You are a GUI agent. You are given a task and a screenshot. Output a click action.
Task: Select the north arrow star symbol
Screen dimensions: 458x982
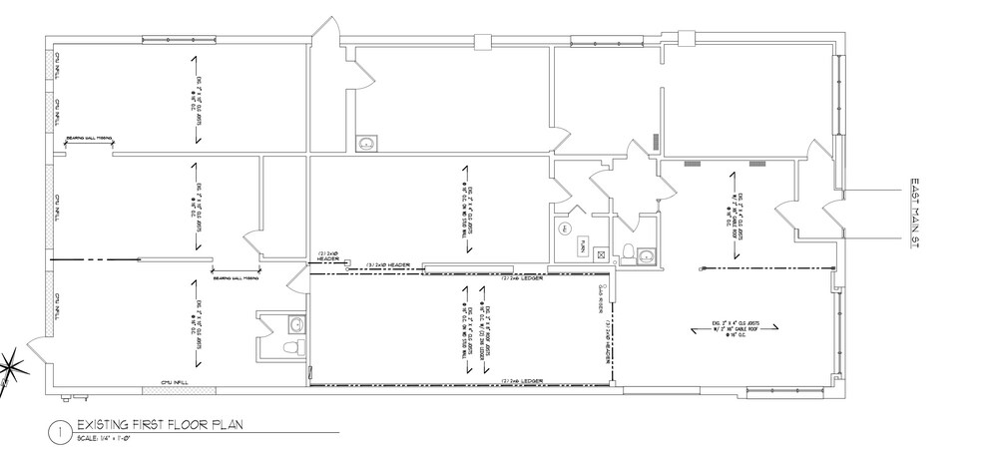pyautogui.click(x=8, y=363)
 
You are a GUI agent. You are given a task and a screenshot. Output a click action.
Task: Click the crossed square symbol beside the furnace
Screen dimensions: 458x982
pyautogui.click(x=602, y=254)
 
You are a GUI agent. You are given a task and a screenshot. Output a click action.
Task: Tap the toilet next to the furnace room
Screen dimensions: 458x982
pyautogui.click(x=627, y=252)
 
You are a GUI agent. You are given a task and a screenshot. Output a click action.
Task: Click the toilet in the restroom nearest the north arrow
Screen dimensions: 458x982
pyautogui.click(x=291, y=345)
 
